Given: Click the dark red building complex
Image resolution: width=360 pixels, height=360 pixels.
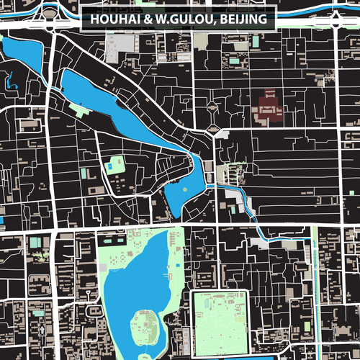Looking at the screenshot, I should [x=269, y=108].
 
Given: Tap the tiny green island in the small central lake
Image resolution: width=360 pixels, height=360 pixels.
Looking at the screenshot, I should [x=184, y=189].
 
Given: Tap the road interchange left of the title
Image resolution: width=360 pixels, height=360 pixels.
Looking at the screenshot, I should [x=51, y=11].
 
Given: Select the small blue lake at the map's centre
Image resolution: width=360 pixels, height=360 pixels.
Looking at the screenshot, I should [x=180, y=196].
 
